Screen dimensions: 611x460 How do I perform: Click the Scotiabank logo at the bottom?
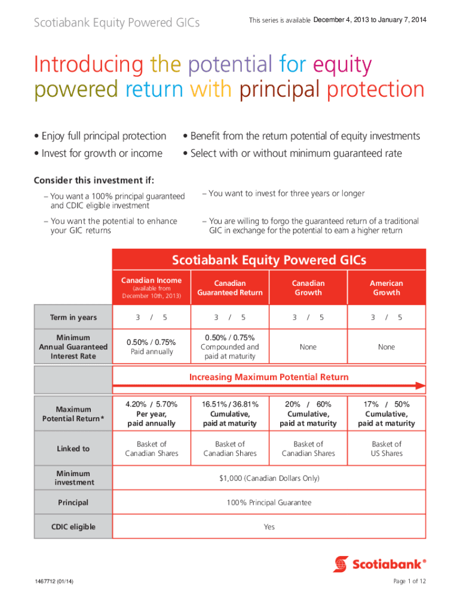(380, 563)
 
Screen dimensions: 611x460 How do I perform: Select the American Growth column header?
(387, 288)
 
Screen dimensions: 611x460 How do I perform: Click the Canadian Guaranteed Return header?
(230, 288)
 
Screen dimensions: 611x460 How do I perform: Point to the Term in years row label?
(73, 317)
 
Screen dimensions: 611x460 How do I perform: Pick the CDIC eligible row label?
(73, 527)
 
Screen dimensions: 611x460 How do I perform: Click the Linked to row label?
(73, 449)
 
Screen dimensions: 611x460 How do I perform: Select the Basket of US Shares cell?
(387, 449)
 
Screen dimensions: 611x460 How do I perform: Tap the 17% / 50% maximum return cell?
(387, 413)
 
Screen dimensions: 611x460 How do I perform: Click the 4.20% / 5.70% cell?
(151, 413)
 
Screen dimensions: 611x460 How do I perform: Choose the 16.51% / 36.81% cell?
(230, 413)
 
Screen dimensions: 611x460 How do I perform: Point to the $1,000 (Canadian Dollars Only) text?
(269, 479)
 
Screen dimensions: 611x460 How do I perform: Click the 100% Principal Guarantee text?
(269, 503)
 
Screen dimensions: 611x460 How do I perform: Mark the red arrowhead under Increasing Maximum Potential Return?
(420, 386)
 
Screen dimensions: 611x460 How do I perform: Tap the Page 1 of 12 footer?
(409, 582)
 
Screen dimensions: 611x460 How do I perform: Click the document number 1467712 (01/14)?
(54, 582)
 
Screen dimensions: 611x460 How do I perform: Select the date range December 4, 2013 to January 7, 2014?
(370, 20)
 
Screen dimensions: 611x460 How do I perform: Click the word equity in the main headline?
(342, 64)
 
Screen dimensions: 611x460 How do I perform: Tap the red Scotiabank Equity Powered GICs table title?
(269, 260)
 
